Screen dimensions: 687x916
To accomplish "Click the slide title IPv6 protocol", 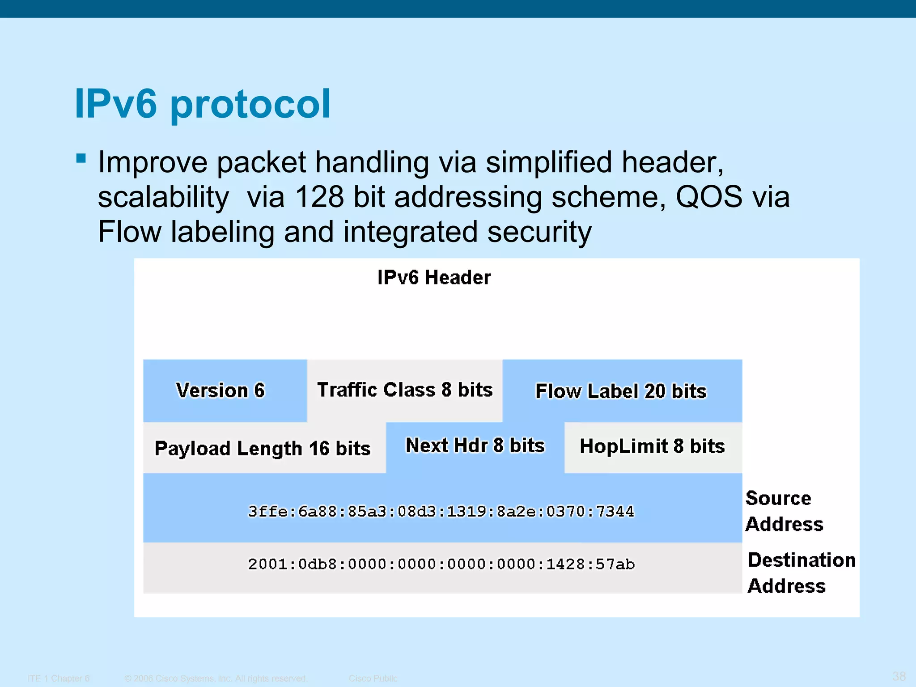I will point(202,104).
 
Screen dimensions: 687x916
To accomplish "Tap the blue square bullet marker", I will point(81,158).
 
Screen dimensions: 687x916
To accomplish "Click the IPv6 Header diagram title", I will point(434,277).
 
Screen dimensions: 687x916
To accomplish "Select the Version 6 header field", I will point(221,390).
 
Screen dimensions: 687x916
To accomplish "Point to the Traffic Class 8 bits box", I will point(405,390).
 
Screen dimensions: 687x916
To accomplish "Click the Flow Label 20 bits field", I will point(621,391).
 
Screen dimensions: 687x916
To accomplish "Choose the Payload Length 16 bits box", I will point(263,448).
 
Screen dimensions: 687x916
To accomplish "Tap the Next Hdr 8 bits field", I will point(475,446).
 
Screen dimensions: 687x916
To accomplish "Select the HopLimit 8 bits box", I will point(652,446).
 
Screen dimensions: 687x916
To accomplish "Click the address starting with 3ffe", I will point(441,511).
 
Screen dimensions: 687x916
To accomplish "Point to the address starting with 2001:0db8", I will point(441,564).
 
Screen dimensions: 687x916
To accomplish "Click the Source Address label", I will point(784,511).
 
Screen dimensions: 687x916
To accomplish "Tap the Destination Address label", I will point(801,573).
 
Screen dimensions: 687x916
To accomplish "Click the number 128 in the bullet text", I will point(319,197).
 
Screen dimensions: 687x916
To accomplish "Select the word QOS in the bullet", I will point(708,197).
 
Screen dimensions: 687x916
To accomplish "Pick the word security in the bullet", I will point(539,232).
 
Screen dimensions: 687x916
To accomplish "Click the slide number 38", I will point(899,676).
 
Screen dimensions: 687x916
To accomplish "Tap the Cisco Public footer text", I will point(373,679).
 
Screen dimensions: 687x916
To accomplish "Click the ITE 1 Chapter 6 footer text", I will point(59,679).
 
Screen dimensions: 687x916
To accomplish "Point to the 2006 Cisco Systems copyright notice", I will point(216,679).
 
